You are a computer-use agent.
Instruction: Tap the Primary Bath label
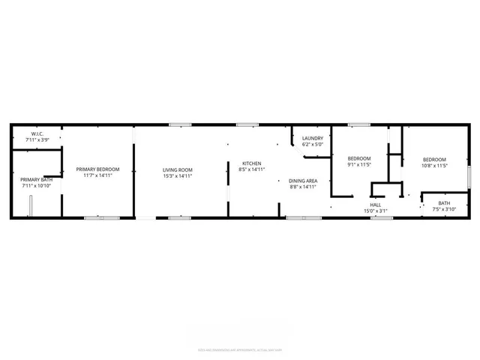[x=36, y=179]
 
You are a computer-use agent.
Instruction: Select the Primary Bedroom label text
[x=97, y=169]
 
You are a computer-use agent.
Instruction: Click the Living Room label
[x=178, y=169]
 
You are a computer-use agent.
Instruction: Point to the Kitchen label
[x=251, y=163]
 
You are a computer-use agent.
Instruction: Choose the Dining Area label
[x=304, y=181]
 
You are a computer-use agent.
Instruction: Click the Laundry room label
[x=313, y=139]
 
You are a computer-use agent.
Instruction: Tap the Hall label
[x=376, y=204]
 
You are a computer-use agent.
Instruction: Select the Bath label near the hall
[x=444, y=203]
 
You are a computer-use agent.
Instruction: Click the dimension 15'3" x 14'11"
[x=178, y=175]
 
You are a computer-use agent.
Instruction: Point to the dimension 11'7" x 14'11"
[x=97, y=175]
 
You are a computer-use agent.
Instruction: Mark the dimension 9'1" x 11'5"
[x=359, y=164]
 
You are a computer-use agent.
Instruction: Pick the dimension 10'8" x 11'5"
[x=434, y=164]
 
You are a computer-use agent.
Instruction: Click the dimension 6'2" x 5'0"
[x=313, y=145]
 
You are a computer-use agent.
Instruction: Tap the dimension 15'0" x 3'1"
[x=376, y=210]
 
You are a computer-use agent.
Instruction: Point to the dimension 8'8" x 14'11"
[x=304, y=187]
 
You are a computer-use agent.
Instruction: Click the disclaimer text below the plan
[x=239, y=349]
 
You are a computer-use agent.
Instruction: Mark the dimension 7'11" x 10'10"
[x=36, y=185]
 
